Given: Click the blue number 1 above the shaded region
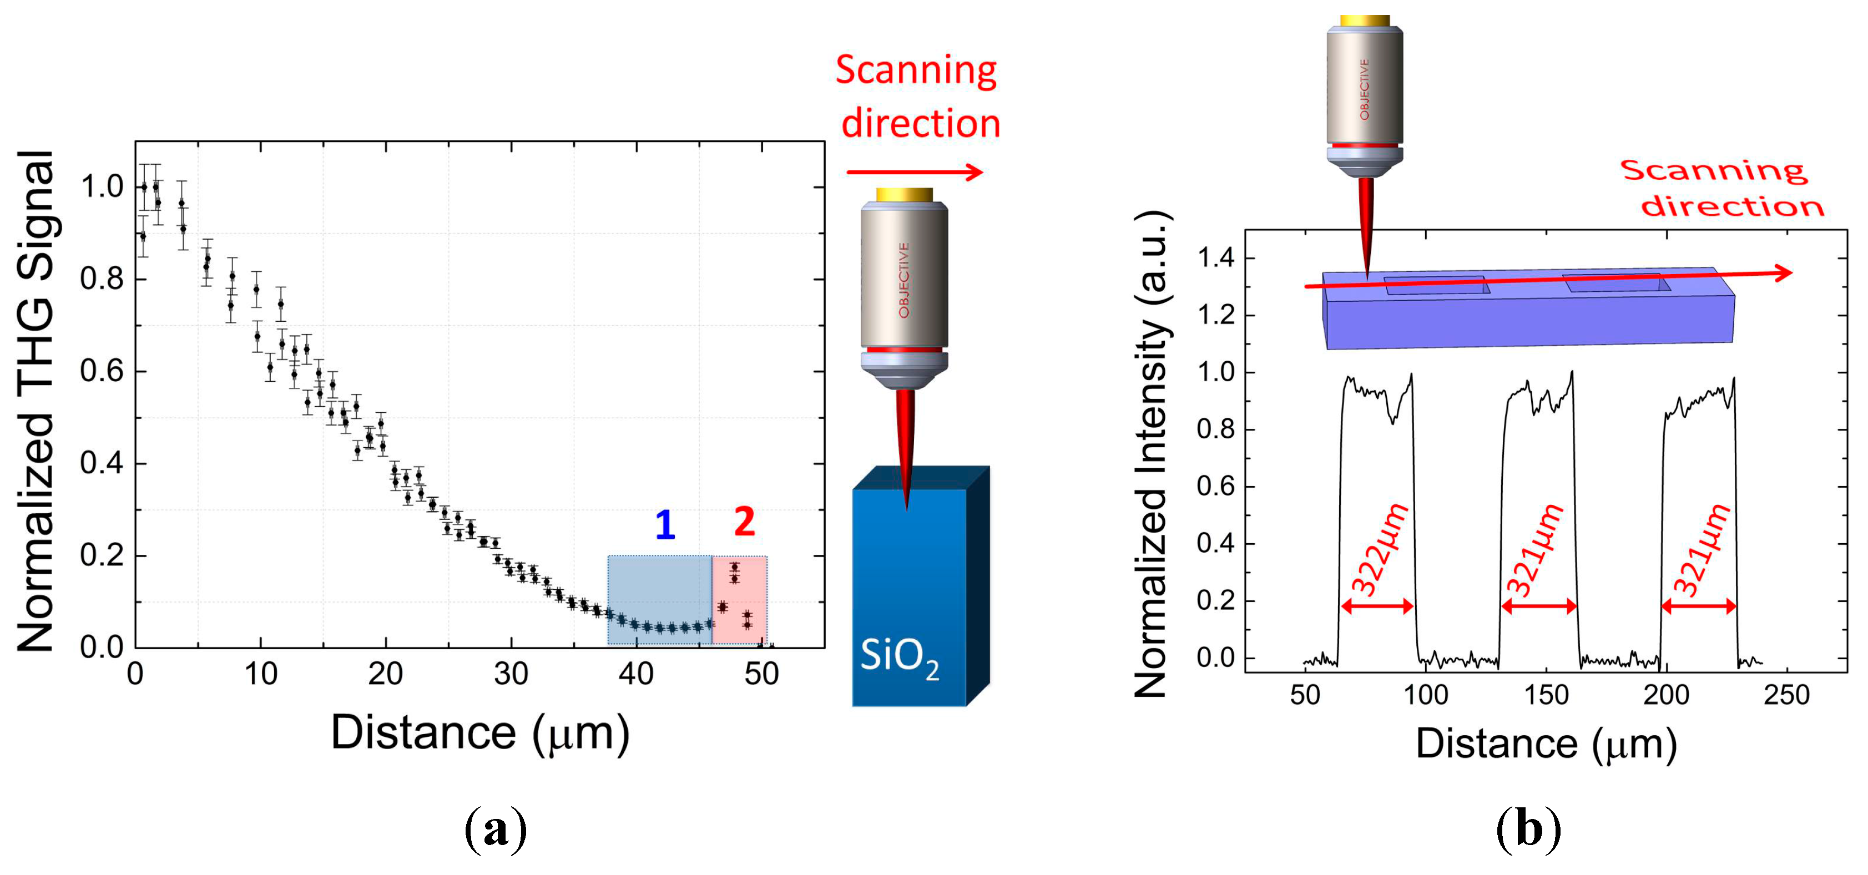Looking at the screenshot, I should pyautogui.click(x=665, y=524).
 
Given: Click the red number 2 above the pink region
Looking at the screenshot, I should pyautogui.click(x=744, y=521).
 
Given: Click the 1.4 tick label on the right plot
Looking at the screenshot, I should pyautogui.click(x=1215, y=258).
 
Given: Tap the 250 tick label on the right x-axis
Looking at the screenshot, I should pyautogui.click(x=1786, y=695).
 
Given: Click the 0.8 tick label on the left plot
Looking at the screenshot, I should pyautogui.click(x=102, y=279).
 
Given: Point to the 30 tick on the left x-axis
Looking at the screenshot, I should pyautogui.click(x=511, y=675).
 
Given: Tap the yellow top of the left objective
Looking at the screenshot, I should pyautogui.click(x=903, y=195).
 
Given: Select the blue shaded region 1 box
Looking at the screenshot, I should pyautogui.click(x=659, y=600).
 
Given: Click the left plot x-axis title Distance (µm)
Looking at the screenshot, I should pyautogui.click(x=479, y=734).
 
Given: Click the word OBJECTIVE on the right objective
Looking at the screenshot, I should pyautogui.click(x=1364, y=89).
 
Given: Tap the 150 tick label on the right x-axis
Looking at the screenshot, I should pyautogui.click(x=1546, y=695).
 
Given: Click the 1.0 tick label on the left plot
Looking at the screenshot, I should pyautogui.click(x=102, y=187).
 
